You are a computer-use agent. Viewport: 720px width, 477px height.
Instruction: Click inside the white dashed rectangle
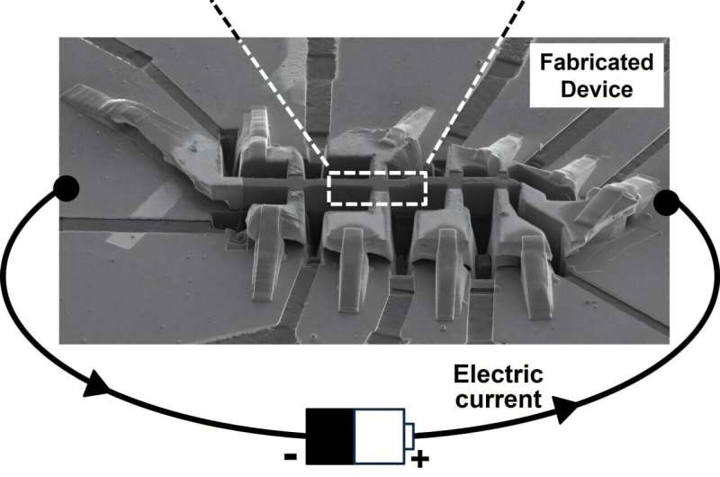coord(376,188)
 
